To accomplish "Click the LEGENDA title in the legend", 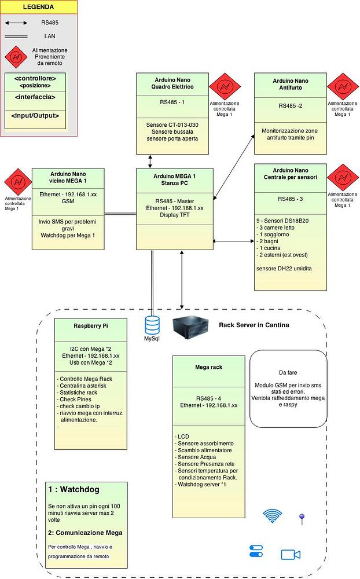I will click(x=39, y=8).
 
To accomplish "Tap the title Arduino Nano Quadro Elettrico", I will click(x=172, y=83).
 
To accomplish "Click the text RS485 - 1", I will click(x=172, y=102).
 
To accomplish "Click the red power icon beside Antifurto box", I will click(x=343, y=86).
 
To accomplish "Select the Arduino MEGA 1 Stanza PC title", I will click(x=174, y=179).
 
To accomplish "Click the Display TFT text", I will click(x=174, y=215).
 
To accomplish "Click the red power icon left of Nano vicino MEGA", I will click(x=17, y=182).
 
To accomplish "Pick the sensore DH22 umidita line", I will click(x=284, y=269).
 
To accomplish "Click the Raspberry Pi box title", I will click(x=90, y=325).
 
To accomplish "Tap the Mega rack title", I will click(x=208, y=367).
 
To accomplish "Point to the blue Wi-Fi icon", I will click(x=272, y=516).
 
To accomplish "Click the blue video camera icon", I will click(x=290, y=555).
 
